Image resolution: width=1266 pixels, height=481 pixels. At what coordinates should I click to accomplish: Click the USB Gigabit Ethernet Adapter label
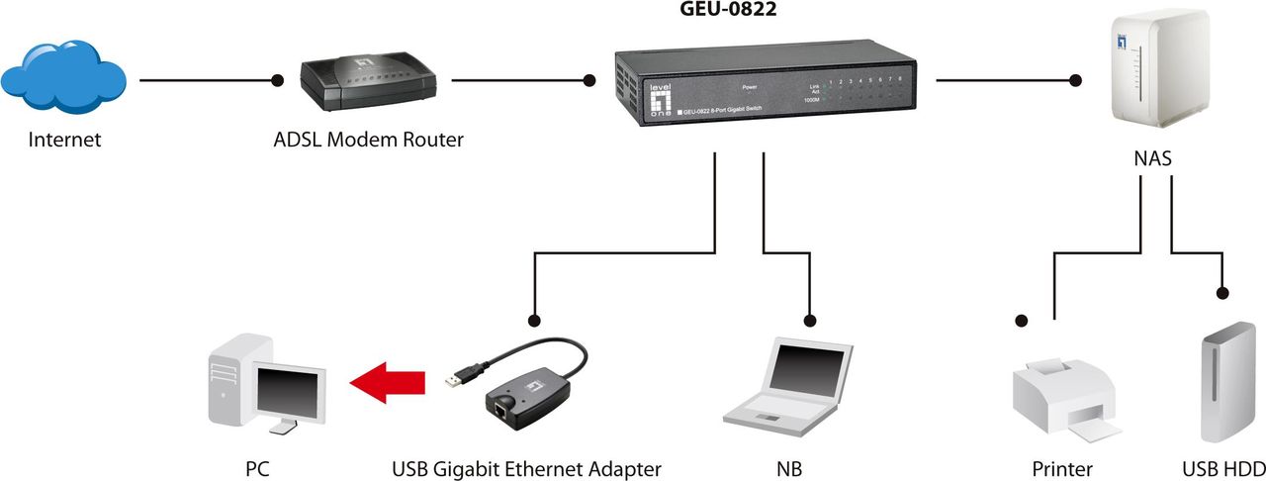click(526, 468)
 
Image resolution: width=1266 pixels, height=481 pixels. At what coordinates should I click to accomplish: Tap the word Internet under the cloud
click(64, 140)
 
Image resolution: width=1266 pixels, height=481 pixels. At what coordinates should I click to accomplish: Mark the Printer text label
click(1062, 468)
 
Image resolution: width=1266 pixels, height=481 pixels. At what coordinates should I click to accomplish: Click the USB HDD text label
click(1223, 468)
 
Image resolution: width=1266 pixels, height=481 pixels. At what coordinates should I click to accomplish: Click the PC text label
click(256, 468)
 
